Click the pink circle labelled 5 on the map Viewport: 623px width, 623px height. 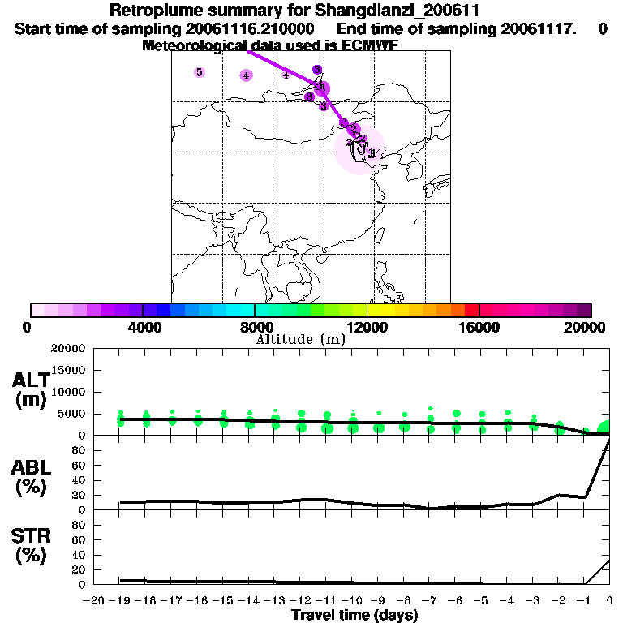200,72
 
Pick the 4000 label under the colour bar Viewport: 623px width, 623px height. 143,327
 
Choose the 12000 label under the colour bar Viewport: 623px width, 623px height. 367,327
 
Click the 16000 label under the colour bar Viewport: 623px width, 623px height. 479,327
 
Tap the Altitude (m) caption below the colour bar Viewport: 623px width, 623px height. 300,339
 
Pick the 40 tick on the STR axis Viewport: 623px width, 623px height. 78,554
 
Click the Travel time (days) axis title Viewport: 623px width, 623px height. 354,615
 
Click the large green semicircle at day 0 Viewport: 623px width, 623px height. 604,428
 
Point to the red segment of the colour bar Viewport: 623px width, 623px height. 471,310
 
